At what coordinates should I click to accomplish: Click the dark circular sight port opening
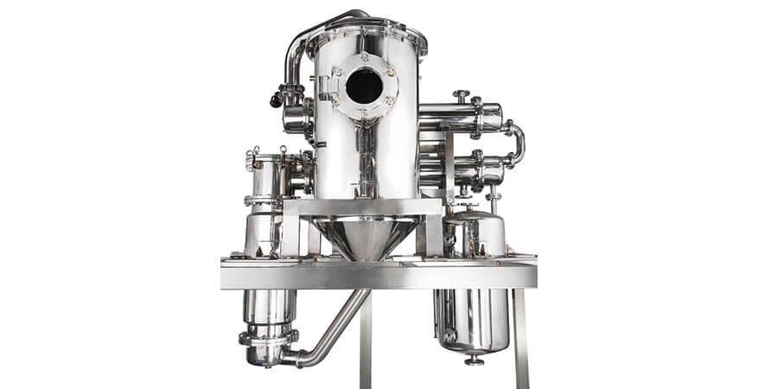coord(364,86)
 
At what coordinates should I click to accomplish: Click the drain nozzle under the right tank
coord(474,358)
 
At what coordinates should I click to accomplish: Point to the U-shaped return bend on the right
coord(516,143)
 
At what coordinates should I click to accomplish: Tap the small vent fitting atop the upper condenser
coord(462,94)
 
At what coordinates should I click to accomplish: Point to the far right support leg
coord(520,337)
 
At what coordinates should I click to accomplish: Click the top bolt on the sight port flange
coord(364,54)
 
